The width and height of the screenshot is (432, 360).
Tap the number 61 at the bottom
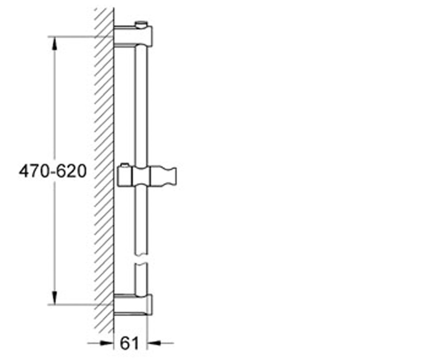(129, 342)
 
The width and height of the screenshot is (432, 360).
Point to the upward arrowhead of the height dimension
(54, 44)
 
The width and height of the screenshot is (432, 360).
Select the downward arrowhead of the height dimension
(54, 297)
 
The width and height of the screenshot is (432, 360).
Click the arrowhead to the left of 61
(107, 343)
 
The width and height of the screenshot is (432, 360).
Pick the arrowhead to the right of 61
(154, 343)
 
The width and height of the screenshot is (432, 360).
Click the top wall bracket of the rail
(134, 36)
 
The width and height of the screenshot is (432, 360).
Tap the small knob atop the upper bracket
(141, 24)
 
